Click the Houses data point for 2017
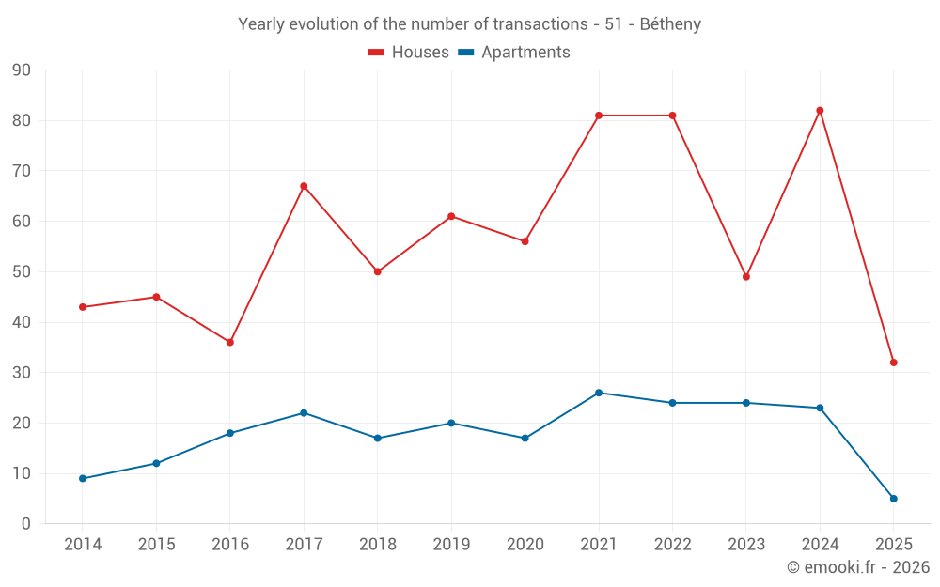coord(304,186)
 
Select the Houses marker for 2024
coord(820,111)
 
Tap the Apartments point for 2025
coord(893,499)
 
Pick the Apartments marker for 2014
coord(83,479)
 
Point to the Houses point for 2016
coord(230,342)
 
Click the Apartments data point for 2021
coord(599,393)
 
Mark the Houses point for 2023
coord(746,277)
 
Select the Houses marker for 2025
coord(893,363)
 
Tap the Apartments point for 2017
coord(304,413)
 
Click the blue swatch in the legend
coord(465,53)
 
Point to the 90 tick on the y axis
coord(22,70)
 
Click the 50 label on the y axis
coord(22,272)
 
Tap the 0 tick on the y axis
coord(26,524)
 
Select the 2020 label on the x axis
coord(525,545)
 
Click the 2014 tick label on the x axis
coord(83,545)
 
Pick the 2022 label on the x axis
coord(672,545)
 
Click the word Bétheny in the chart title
coord(670,24)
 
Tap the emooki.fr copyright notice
coord(857,567)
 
